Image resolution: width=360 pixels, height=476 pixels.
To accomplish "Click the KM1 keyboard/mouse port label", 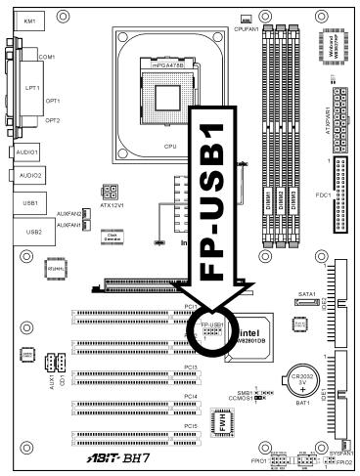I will [31, 21].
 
